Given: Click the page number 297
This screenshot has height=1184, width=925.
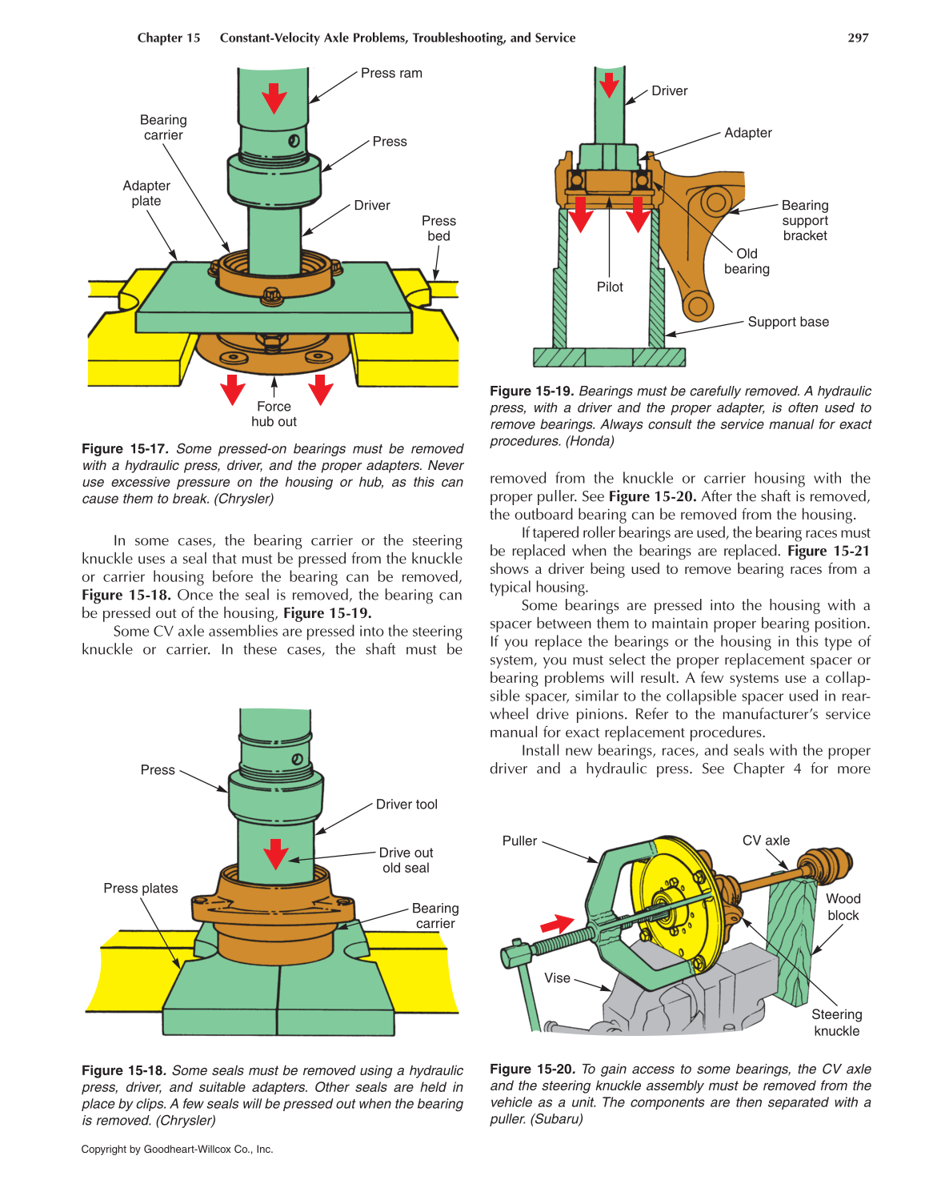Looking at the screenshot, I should [x=858, y=38].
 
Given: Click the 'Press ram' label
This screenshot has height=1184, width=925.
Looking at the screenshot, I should [x=391, y=73].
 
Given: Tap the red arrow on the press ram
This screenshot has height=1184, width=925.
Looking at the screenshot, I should [x=274, y=97].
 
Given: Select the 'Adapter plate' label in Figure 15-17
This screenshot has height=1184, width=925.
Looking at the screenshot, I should [x=146, y=193].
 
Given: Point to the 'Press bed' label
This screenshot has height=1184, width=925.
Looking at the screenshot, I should [x=438, y=228].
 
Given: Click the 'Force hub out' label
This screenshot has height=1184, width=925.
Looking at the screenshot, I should [x=274, y=414].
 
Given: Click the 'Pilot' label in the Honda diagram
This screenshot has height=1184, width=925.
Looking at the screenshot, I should [x=610, y=287].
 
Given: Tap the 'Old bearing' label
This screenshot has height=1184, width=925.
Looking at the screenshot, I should [x=747, y=261].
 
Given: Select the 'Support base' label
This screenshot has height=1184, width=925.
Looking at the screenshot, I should [x=788, y=322].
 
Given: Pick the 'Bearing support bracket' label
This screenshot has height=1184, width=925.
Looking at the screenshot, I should [x=805, y=220].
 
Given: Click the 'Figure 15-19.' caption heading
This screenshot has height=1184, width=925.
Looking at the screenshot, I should [x=531, y=391].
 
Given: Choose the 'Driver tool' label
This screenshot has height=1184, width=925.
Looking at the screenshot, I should [x=406, y=804].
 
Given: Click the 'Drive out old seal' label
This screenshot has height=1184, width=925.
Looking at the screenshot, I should [x=406, y=860].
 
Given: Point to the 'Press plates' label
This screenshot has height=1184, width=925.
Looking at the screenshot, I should [x=141, y=888].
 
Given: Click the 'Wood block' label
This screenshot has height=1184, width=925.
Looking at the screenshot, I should [x=843, y=907].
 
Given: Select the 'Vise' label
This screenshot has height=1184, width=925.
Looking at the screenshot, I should [x=557, y=977].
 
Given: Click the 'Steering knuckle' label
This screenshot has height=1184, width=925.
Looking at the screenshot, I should [x=837, y=1022].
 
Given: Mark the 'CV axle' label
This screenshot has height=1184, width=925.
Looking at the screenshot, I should [x=766, y=840].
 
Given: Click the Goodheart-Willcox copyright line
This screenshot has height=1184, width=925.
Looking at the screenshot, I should [x=177, y=1149].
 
